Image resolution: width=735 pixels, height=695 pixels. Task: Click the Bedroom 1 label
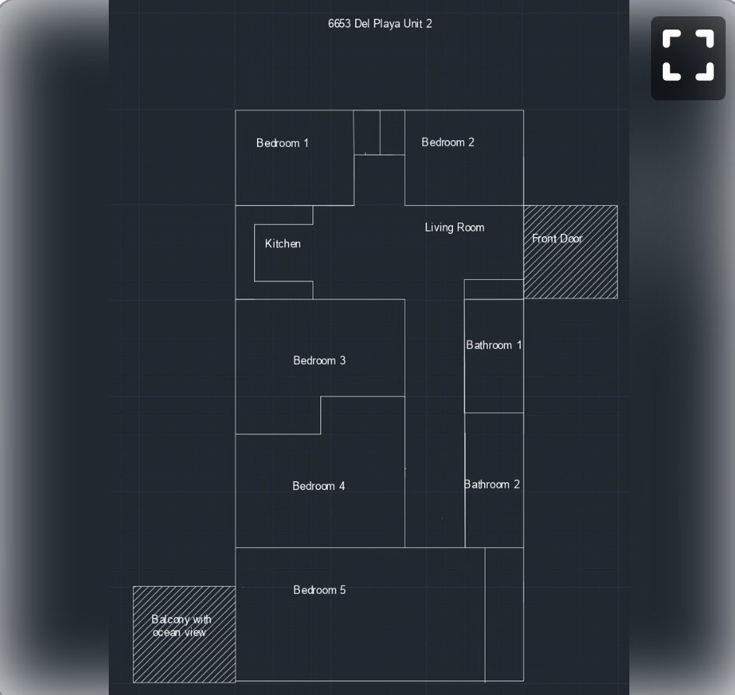pyautogui.click(x=282, y=143)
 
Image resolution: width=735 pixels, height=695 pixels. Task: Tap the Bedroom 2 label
pyautogui.click(x=448, y=142)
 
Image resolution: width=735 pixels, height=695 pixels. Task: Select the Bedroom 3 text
pyautogui.click(x=319, y=360)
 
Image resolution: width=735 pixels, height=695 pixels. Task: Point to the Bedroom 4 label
pyautogui.click(x=319, y=486)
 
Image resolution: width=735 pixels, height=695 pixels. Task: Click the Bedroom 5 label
pyautogui.click(x=319, y=589)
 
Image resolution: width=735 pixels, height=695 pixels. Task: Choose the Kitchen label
pyautogui.click(x=283, y=243)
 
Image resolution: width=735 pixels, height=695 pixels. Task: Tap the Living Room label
pyautogui.click(x=455, y=228)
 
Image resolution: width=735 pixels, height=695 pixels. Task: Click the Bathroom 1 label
pyautogui.click(x=493, y=345)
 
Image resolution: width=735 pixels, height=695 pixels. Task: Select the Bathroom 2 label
pyautogui.click(x=492, y=484)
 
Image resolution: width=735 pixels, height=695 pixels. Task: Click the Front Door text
pyautogui.click(x=557, y=238)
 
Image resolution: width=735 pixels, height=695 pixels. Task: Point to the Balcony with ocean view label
pyautogui.click(x=181, y=626)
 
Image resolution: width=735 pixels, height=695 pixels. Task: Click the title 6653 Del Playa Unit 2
pyautogui.click(x=380, y=24)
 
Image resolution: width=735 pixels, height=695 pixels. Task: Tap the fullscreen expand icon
pyautogui.click(x=688, y=56)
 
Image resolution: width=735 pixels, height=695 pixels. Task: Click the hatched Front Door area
pyautogui.click(x=570, y=252)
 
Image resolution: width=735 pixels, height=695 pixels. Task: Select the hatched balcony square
pyautogui.click(x=184, y=634)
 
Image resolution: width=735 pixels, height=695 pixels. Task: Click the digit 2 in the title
pyautogui.click(x=429, y=24)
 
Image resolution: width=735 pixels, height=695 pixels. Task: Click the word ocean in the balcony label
pyautogui.click(x=166, y=633)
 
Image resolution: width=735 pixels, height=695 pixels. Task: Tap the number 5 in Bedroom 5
pyautogui.click(x=343, y=589)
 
